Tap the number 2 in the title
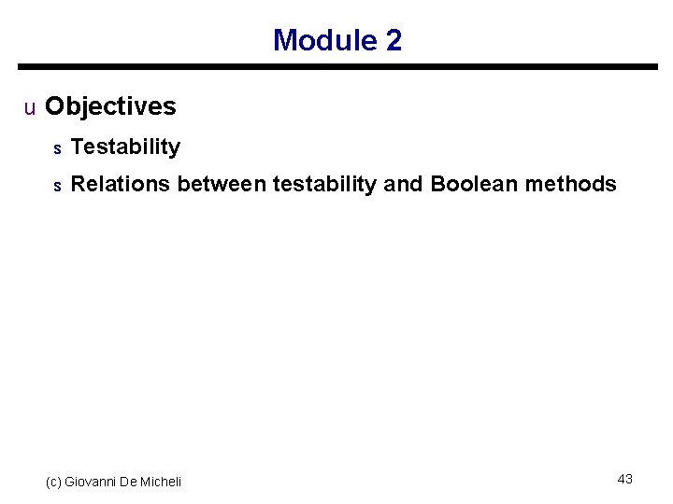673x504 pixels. [394, 40]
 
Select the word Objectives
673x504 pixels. [110, 106]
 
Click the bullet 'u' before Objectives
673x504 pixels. [30, 107]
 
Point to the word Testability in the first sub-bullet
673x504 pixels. [125, 147]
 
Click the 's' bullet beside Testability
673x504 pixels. [57, 147]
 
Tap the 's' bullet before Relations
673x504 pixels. [57, 186]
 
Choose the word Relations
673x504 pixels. [121, 184]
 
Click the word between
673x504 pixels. [222, 184]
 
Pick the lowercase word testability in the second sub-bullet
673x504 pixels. [324, 184]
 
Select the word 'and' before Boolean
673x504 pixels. [403, 184]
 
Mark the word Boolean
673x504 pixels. [474, 184]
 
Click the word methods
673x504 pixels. [571, 184]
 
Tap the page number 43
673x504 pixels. [625, 479]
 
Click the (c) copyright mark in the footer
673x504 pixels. [53, 482]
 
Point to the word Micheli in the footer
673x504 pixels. [160, 482]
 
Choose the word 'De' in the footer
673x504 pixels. [128, 482]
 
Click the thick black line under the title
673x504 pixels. [337, 67]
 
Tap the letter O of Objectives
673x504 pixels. [54, 106]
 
